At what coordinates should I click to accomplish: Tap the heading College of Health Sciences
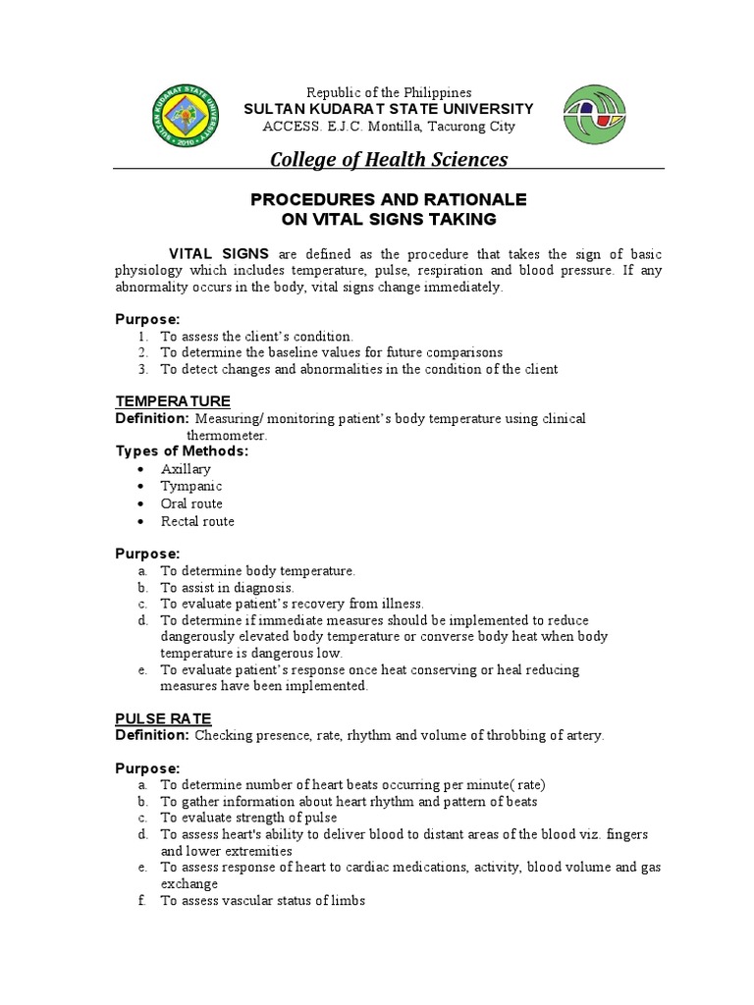point(389,159)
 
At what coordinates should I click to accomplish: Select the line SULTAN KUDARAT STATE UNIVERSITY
point(389,109)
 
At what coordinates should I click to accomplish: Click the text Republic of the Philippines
point(389,92)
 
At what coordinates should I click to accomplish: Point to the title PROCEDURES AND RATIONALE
point(389,199)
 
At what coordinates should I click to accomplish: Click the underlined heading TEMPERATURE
point(173,401)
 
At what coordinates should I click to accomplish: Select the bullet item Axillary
point(186,469)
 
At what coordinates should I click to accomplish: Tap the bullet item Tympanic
point(191,487)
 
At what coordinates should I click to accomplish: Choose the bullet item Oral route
point(191,504)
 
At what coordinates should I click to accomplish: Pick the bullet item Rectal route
point(197,522)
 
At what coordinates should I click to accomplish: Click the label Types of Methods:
point(182,451)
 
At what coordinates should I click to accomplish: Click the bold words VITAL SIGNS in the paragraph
point(219,253)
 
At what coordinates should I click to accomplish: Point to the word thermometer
point(226,435)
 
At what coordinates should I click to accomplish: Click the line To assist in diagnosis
point(227,587)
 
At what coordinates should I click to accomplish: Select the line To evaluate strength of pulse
point(248,818)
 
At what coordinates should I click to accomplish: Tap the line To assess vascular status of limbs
point(262,900)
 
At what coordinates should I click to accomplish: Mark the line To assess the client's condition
point(256,336)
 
